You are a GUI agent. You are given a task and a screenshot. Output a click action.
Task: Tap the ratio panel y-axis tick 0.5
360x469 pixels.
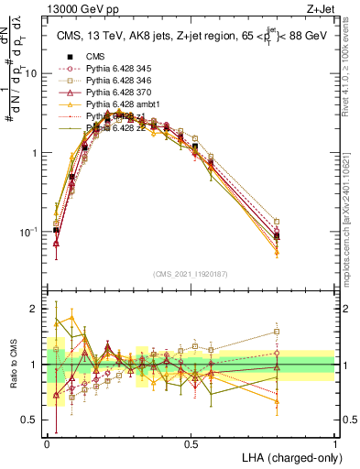tap(33, 420)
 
